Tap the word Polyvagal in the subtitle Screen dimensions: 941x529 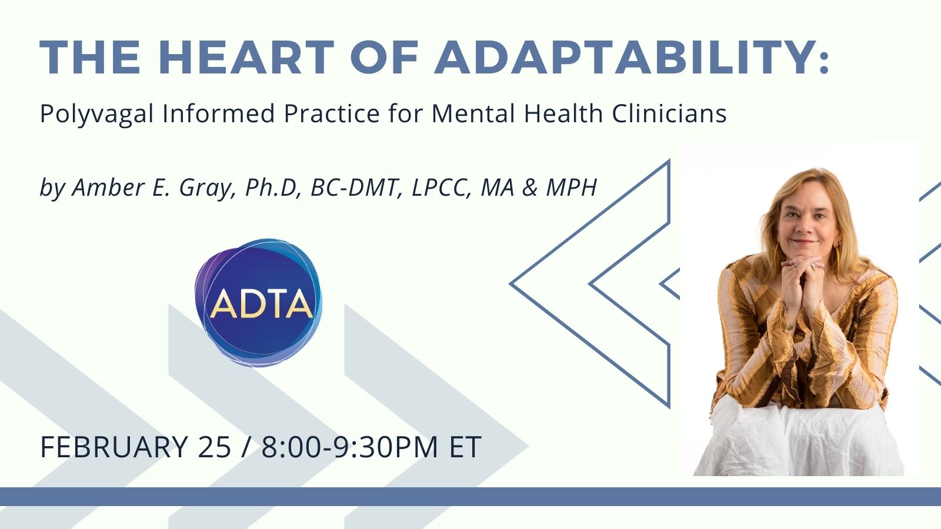tap(97, 114)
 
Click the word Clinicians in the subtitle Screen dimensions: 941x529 tap(669, 113)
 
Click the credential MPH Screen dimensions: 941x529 tap(572, 188)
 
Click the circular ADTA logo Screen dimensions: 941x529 tap(258, 302)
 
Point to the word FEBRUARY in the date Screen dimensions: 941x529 tap(114, 447)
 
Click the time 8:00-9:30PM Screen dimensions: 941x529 tap(349, 447)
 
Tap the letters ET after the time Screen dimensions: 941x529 tap(465, 447)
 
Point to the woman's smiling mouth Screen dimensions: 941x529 tap(803, 242)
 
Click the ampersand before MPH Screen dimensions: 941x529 tap(530, 188)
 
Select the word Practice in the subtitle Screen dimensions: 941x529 tap(332, 113)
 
